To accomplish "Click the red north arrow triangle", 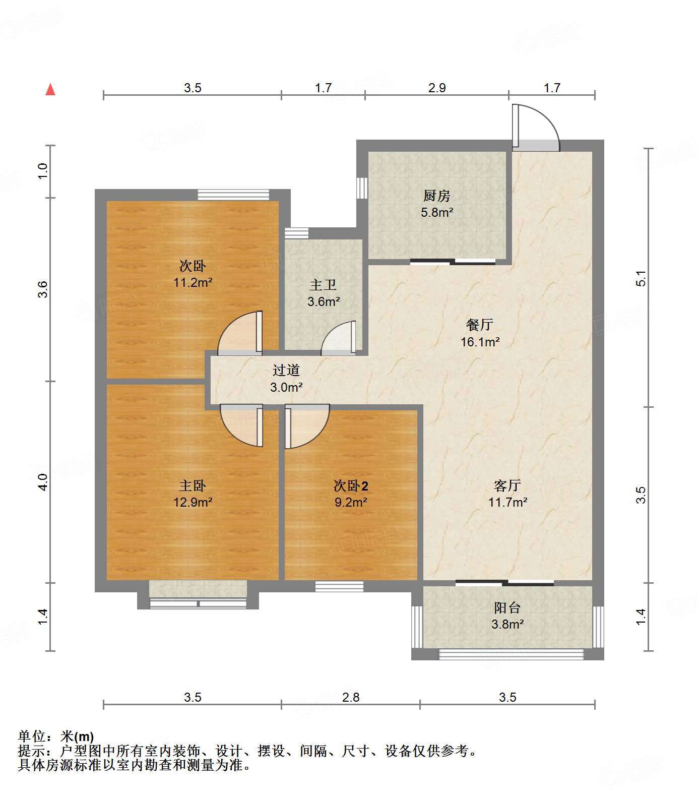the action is (50, 90).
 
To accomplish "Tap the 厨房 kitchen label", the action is (436, 196).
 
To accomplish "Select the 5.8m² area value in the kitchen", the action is (437, 212).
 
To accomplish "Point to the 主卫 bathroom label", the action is (323, 285).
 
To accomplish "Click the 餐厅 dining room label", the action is (480, 325).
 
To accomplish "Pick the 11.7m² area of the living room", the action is (507, 502).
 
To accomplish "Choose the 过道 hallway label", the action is (286, 371).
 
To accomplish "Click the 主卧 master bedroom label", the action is (193, 485).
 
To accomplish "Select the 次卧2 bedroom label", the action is (351, 485).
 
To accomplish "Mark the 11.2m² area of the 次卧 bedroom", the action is (193, 282).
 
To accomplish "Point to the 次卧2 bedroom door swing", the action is (307, 426).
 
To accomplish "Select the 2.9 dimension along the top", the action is (437, 88).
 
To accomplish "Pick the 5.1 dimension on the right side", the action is (641, 279).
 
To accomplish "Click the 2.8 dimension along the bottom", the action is (351, 697).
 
